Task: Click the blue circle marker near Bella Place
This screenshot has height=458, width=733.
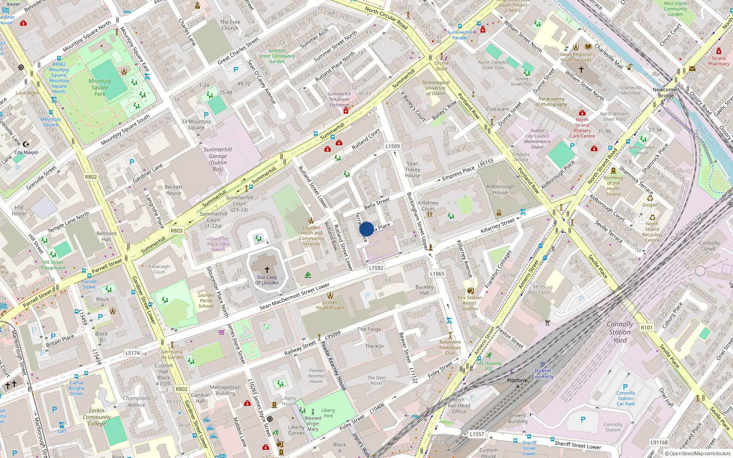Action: tap(366, 229)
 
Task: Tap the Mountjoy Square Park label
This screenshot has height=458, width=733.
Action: tap(100, 87)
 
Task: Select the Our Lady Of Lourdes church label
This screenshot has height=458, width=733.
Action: tap(267, 280)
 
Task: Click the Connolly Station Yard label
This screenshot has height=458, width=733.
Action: tap(620, 332)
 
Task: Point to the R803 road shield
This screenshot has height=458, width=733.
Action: tap(176, 231)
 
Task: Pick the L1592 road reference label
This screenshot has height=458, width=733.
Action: tap(376, 268)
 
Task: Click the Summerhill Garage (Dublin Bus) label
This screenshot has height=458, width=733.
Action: tap(218, 159)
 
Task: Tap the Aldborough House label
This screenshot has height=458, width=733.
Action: tap(500, 190)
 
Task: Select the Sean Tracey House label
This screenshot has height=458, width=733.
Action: tap(412, 169)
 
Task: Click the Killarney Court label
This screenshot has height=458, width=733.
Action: tap(428, 206)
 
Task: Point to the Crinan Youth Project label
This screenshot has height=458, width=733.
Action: tap(330, 305)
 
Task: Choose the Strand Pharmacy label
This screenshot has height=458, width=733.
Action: tap(718, 61)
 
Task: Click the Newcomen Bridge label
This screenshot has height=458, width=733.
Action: tap(666, 93)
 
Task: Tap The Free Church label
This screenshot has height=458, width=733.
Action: tap(230, 25)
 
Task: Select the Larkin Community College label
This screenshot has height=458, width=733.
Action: tap(97, 417)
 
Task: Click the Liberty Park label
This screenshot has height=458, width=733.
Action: tap(328, 413)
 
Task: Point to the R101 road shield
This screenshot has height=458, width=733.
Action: tap(646, 327)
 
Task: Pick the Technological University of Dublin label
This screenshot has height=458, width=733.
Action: tap(435, 88)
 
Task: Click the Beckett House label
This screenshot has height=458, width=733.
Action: tap(173, 190)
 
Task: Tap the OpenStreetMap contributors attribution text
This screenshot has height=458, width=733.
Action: tap(700, 453)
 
